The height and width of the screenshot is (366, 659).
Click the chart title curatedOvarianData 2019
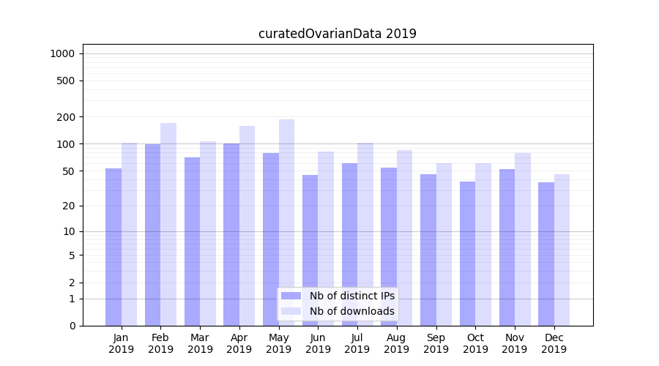[x=337, y=34]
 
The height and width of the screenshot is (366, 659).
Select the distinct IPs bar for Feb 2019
[x=152, y=234]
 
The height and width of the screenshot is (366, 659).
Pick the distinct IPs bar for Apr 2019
[x=231, y=234]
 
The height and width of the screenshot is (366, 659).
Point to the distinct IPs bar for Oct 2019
[x=467, y=253]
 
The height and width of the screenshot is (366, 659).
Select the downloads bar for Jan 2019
[x=129, y=234]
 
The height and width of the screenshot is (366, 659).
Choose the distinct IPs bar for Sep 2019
[x=428, y=250]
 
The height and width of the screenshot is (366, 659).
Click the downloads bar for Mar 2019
[x=208, y=234]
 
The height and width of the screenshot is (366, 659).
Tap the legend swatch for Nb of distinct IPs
[x=291, y=296]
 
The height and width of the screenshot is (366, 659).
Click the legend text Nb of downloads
[x=351, y=311]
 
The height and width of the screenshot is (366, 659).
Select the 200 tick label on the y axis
[x=65, y=117]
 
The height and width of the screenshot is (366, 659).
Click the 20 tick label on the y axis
[x=68, y=206]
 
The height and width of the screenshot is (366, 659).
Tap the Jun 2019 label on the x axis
[x=318, y=343]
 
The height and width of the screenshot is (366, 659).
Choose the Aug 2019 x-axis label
[x=397, y=343]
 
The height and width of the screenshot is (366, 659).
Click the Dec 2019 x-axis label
[x=554, y=343]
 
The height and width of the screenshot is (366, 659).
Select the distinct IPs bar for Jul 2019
[x=349, y=244]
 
